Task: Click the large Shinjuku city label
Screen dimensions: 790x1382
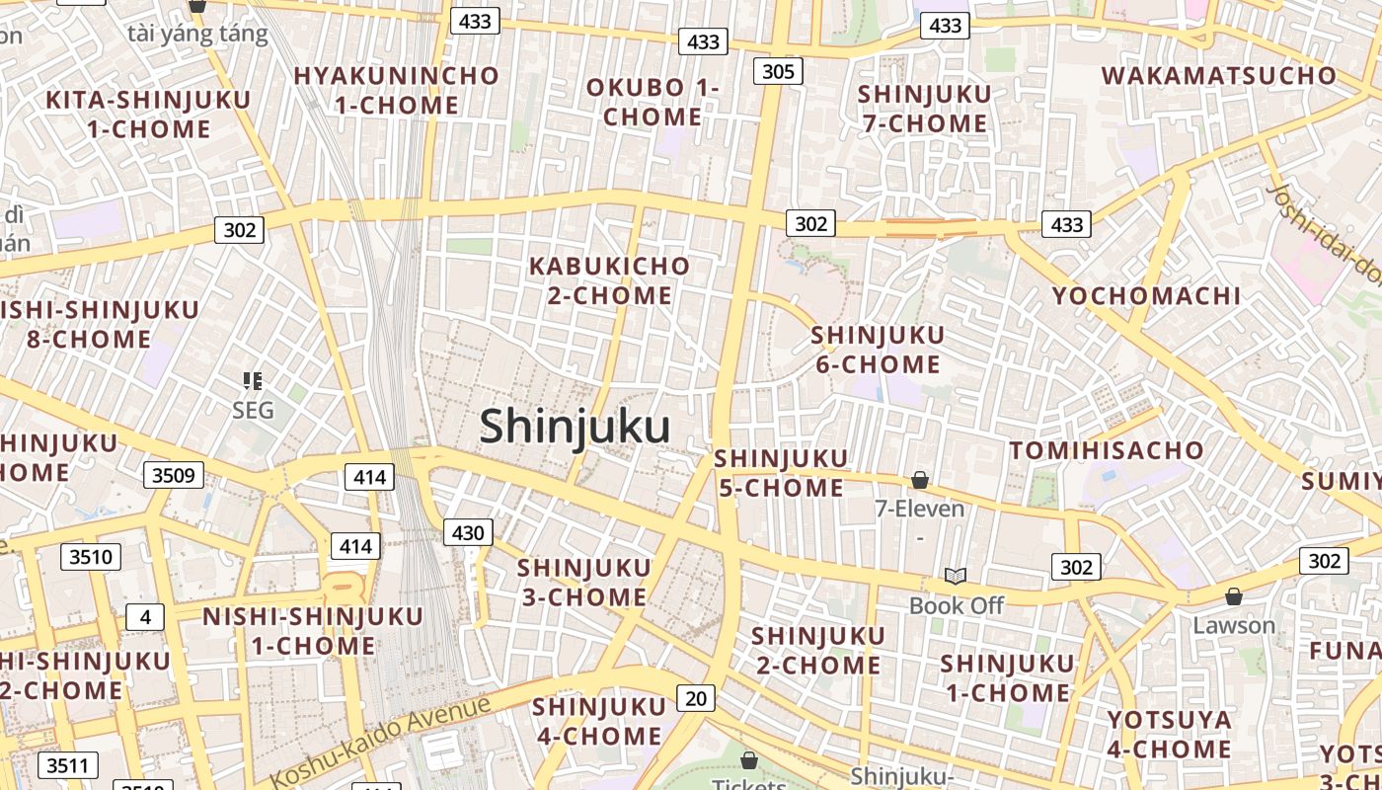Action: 575,427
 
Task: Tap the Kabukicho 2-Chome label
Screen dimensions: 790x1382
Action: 609,280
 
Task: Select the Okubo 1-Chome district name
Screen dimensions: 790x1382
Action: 653,102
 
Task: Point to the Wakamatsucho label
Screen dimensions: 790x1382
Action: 1218,76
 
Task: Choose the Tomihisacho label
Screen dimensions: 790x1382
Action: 1107,451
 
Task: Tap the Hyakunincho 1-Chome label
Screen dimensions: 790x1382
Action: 397,90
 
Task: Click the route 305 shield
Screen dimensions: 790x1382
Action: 778,71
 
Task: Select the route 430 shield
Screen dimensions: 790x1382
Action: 467,533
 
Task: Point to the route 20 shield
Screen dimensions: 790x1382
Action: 696,698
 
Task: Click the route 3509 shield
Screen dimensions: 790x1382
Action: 173,476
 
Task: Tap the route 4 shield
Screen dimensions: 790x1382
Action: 145,617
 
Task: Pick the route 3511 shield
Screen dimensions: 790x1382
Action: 68,764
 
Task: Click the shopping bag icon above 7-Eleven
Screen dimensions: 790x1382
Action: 920,480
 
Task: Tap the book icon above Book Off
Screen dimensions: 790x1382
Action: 955,576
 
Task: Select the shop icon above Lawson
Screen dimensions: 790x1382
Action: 1233,596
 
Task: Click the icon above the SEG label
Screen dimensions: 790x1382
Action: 253,380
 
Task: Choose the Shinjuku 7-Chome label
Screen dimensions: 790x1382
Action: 924,109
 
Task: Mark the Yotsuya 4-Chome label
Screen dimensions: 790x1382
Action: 1169,734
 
